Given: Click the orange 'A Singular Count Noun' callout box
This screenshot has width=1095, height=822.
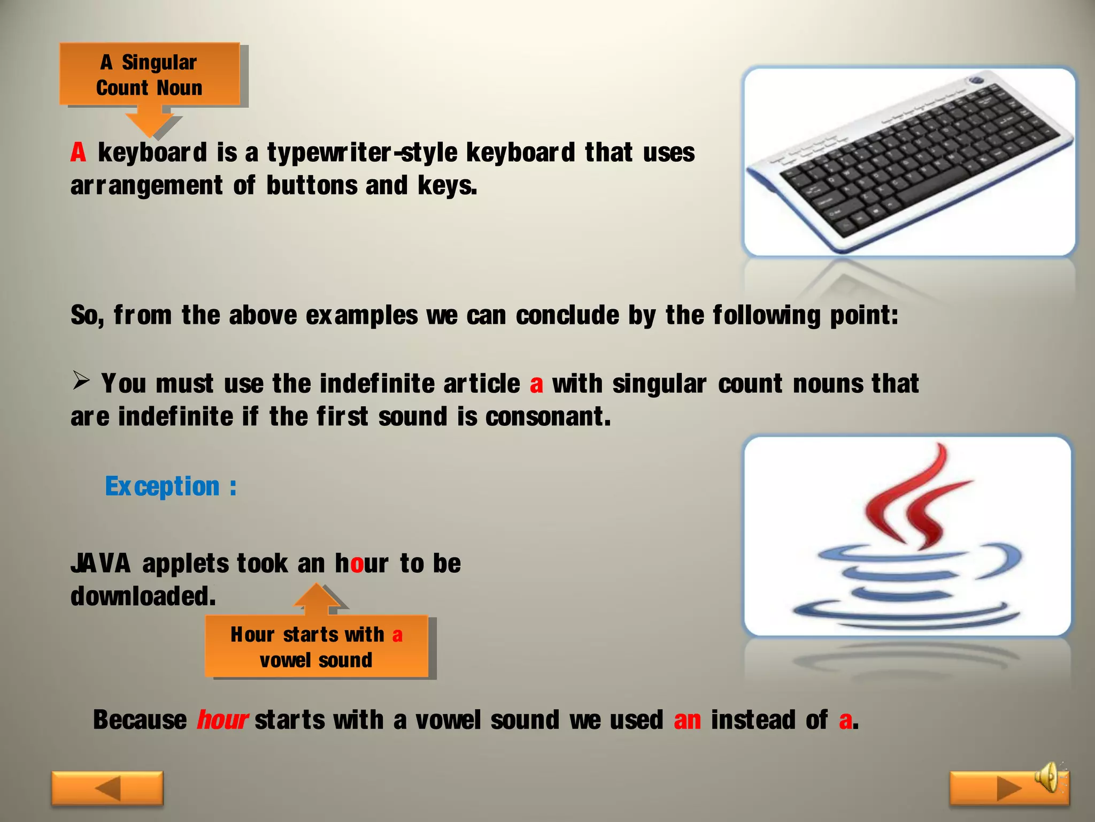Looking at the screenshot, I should (149, 74).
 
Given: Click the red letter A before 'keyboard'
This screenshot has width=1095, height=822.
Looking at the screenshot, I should (78, 153).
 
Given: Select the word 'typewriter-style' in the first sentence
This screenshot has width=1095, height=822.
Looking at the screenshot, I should (362, 153).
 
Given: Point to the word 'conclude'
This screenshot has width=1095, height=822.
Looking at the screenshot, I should (567, 315).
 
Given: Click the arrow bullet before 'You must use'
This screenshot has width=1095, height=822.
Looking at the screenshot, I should (81, 381).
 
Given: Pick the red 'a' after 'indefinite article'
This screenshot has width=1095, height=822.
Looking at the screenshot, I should (536, 384).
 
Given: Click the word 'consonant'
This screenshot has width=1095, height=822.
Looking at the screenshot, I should (545, 417).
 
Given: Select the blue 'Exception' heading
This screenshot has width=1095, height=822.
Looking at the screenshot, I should (163, 487).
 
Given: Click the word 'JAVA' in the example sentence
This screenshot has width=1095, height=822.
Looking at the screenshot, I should (101, 564).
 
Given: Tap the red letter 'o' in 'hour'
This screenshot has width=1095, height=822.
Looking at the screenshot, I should (357, 564).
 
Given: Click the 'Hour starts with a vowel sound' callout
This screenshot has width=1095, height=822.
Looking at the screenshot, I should (317, 647).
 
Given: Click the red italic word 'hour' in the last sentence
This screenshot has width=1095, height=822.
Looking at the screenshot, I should (222, 720).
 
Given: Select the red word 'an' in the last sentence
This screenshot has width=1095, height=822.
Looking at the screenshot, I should (687, 720).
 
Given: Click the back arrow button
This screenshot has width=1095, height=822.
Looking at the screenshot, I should (107, 788).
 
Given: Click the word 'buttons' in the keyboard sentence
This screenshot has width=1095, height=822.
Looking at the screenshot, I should (312, 186).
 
